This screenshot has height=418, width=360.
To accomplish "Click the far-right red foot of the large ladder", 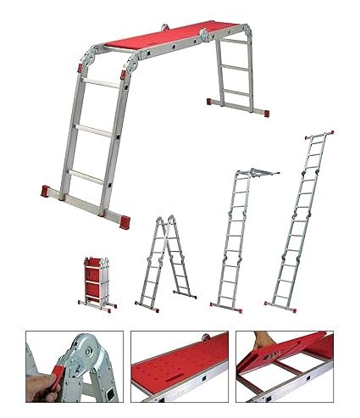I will (x=264, y=111).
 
